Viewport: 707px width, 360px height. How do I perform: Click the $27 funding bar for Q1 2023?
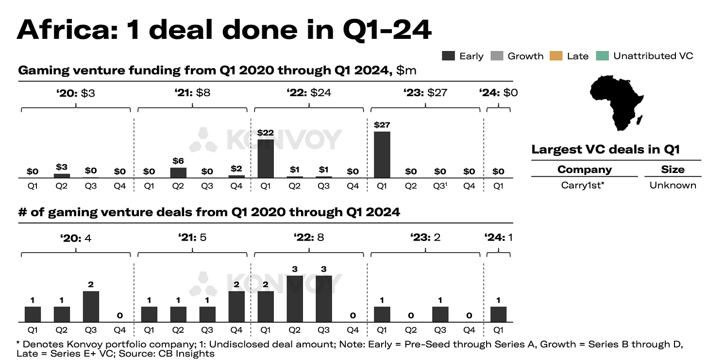[x=382, y=154]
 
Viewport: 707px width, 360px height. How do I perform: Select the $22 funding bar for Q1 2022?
[x=266, y=158]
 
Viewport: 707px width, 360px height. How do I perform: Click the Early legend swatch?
[x=448, y=56]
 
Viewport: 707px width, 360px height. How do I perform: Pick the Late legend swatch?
[x=555, y=56]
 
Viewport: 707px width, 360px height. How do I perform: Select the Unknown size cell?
[x=673, y=185]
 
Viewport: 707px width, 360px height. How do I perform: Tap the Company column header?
[x=584, y=170]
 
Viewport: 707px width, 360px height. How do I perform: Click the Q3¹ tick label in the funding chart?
[x=440, y=186]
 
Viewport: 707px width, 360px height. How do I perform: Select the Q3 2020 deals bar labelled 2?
[x=91, y=307]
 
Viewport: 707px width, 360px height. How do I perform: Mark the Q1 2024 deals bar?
[x=498, y=314]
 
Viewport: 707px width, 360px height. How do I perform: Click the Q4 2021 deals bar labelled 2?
[x=236, y=307]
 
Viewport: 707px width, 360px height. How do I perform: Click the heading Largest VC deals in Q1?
[x=605, y=149]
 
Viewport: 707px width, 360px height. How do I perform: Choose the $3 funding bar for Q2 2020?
[x=62, y=175]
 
